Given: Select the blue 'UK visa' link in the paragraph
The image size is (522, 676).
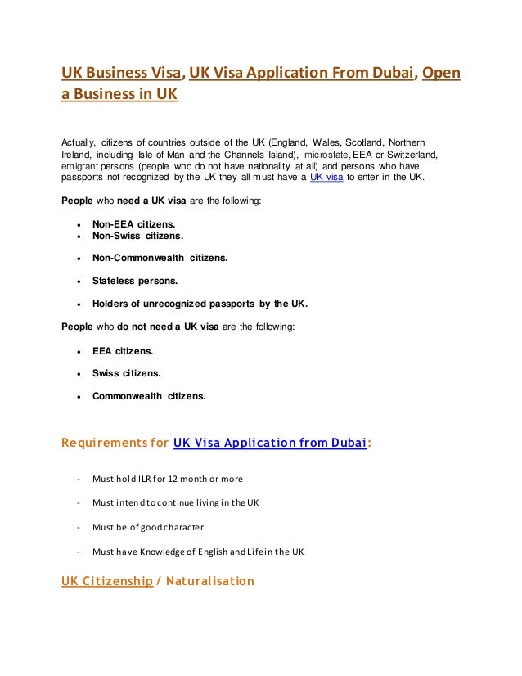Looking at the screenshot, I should click(326, 177).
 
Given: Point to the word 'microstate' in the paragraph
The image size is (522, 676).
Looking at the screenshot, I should click(326, 153).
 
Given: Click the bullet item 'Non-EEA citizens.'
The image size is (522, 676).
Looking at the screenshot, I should click(133, 223).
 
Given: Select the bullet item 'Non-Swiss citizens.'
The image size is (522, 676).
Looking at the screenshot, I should click(137, 236).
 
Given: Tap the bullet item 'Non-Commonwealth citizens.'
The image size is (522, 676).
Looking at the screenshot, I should click(160, 258).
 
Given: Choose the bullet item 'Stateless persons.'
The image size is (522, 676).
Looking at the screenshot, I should click(134, 281).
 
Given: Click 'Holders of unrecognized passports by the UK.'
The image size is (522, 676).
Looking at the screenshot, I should click(200, 304).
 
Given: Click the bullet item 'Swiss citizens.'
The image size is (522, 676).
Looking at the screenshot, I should click(126, 373).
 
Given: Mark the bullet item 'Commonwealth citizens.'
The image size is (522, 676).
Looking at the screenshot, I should click(148, 397).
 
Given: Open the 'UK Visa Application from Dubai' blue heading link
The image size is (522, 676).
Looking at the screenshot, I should click(270, 444).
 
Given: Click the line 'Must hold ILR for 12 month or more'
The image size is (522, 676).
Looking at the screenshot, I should click(167, 479).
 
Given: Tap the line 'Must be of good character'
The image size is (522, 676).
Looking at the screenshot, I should click(148, 526).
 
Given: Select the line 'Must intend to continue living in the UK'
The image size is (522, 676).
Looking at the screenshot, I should click(175, 502).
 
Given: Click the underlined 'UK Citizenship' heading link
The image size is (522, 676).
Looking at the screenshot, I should click(107, 582).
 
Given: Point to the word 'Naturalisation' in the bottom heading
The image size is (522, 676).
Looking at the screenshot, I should click(211, 582).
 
